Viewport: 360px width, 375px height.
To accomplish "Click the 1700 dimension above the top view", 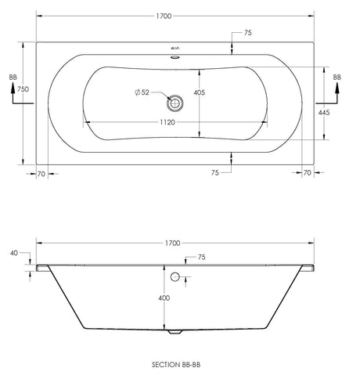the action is tap(164, 16).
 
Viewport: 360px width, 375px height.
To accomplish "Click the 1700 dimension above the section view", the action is tap(172, 243).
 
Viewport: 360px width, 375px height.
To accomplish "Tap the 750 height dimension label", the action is tap(23, 89).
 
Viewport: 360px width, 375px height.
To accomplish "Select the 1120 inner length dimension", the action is tap(167, 122).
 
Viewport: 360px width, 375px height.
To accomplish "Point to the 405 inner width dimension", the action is tap(200, 92).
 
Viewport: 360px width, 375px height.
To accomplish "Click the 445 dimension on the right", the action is tap(324, 113).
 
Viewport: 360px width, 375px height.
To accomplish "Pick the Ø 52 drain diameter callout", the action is tap(142, 92).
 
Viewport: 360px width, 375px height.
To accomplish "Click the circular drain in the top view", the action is tap(175, 103).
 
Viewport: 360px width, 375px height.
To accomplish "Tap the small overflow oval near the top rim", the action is tap(175, 57).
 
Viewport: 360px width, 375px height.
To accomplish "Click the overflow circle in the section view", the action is tap(175, 276).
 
